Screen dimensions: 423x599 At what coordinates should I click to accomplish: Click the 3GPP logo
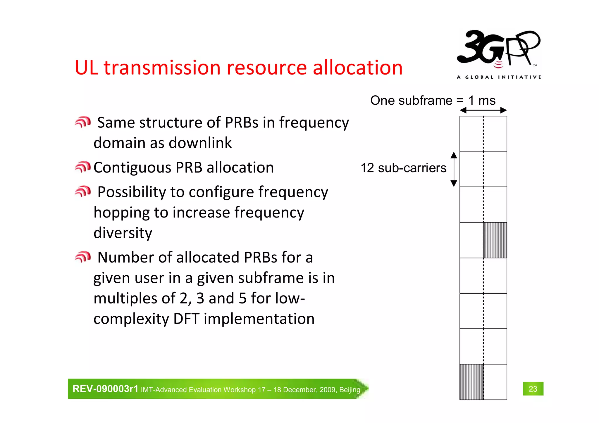(x=499, y=50)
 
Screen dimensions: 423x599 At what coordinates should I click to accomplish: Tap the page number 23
(x=533, y=389)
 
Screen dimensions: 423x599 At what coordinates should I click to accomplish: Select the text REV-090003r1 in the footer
(x=105, y=389)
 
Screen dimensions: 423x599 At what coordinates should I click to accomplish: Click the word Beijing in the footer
(x=350, y=390)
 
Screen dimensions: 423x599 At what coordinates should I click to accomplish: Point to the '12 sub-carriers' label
(x=403, y=168)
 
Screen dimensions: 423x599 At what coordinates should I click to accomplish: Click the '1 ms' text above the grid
(x=482, y=101)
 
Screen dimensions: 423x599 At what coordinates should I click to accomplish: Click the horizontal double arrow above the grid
(x=483, y=110)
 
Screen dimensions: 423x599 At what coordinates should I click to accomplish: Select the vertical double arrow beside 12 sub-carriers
(x=454, y=169)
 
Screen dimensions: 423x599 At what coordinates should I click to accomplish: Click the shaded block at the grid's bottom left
(x=471, y=382)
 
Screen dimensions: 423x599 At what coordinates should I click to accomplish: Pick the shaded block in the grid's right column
(x=495, y=240)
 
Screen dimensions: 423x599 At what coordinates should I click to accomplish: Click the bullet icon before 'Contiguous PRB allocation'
(x=83, y=167)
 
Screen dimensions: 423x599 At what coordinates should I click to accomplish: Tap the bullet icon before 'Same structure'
(x=83, y=122)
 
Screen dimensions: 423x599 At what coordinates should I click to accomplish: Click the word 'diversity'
(x=123, y=233)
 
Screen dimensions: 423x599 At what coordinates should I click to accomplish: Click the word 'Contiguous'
(x=132, y=168)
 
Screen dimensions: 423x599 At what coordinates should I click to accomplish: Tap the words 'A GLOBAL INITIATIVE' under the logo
(x=499, y=77)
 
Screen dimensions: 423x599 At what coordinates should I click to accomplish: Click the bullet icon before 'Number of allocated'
(x=83, y=257)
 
